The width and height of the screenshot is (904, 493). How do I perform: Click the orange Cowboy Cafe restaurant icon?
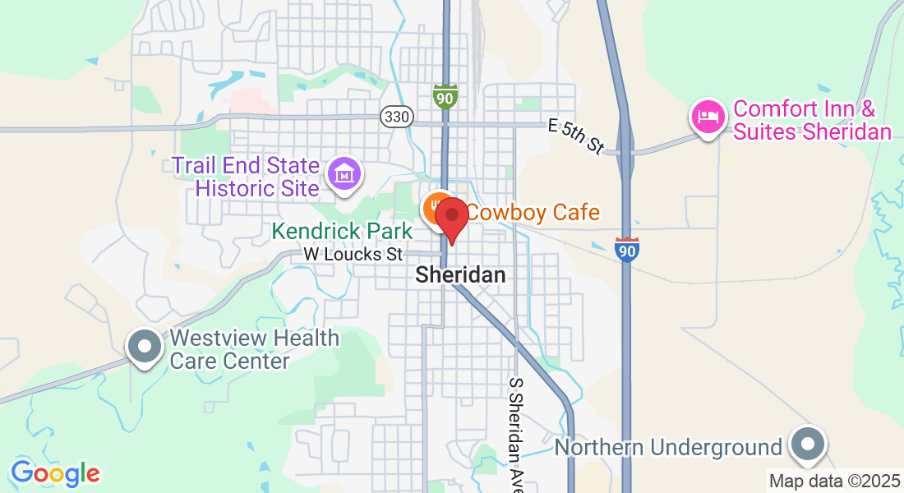click(x=436, y=210)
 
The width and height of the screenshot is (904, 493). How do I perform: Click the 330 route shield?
click(x=396, y=117)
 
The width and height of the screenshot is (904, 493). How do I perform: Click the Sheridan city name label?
click(x=460, y=275)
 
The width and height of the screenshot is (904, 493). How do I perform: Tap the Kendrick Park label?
click(x=343, y=232)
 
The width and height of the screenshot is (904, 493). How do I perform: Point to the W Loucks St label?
click(x=353, y=255)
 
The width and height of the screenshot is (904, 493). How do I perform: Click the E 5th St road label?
click(x=576, y=136)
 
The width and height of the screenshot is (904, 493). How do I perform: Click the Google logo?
click(x=55, y=473)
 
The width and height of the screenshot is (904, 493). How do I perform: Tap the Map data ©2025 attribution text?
click(x=833, y=481)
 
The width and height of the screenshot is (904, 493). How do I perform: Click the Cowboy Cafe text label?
click(x=534, y=213)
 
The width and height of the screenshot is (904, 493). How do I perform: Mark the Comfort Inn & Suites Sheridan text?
click(x=812, y=121)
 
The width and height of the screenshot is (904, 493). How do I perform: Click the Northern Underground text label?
click(x=668, y=448)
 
